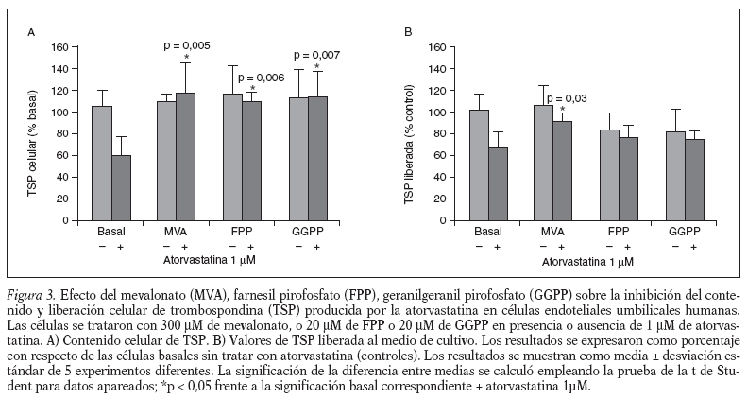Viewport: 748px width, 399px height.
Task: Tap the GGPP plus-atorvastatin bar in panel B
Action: [694, 180]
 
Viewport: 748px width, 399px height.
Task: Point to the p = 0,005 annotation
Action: [187, 45]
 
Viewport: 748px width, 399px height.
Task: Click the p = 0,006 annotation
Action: [261, 78]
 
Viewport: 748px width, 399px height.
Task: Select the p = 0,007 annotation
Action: [318, 54]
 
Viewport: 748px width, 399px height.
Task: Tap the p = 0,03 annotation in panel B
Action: [567, 97]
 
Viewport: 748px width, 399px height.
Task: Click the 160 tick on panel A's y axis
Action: [60, 47]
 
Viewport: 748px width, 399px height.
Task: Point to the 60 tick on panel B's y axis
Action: [437, 155]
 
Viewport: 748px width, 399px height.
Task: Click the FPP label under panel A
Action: [242, 232]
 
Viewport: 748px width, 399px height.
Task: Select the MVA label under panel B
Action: [552, 232]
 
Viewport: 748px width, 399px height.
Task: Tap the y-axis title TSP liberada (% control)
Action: [409, 132]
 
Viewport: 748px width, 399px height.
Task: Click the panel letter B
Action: [408, 32]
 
